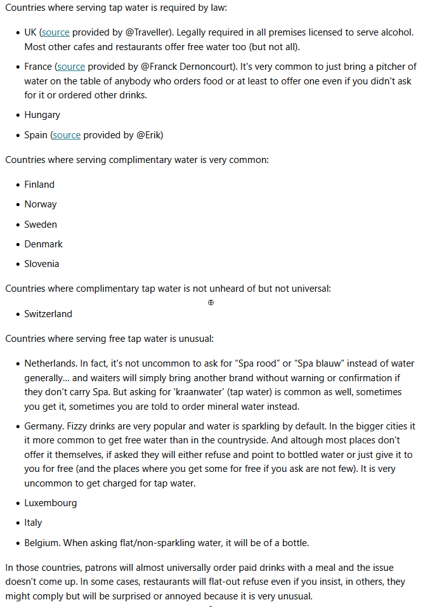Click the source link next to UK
(x=56, y=32)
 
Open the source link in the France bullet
(x=71, y=67)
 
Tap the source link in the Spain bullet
(x=67, y=134)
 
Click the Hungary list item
(x=42, y=115)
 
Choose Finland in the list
(x=39, y=185)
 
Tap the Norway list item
(x=41, y=204)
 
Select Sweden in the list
(x=41, y=225)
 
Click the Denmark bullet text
(x=44, y=244)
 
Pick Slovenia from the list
(x=42, y=264)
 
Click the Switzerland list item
(x=48, y=314)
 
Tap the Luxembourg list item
(x=51, y=503)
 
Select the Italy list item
(x=33, y=523)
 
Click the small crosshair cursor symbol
(x=211, y=303)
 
